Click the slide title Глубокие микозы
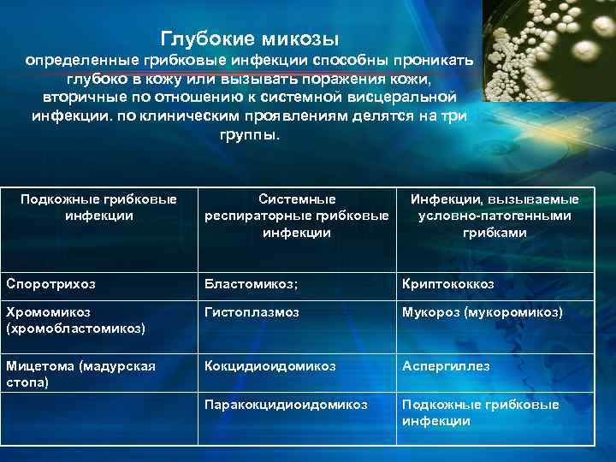click(x=251, y=38)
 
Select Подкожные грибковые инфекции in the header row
click(x=98, y=207)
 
